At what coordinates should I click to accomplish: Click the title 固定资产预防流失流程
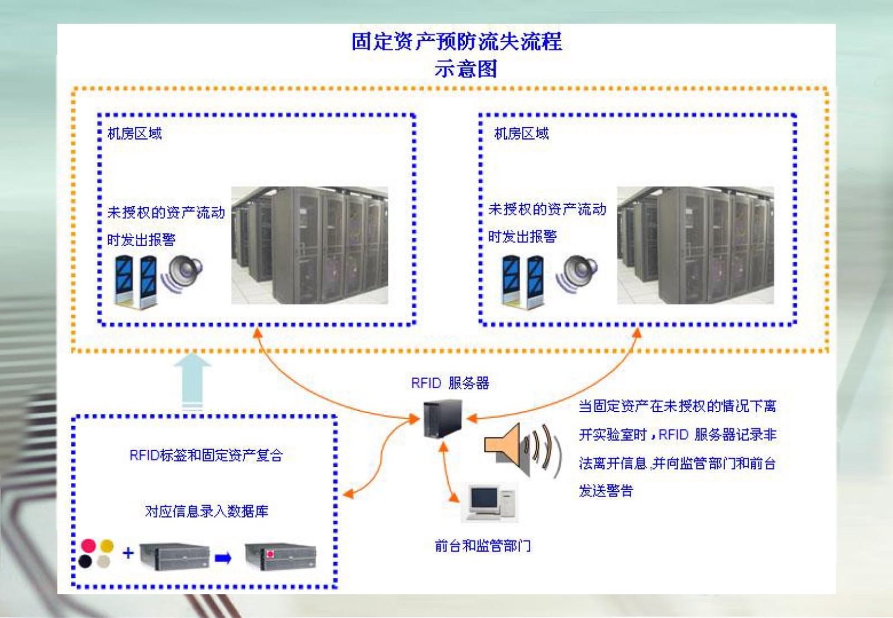coord(457,41)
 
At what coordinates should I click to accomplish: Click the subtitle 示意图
coord(465,69)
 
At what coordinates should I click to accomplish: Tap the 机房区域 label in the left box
coord(135,133)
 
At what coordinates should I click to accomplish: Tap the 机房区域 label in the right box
coord(521,133)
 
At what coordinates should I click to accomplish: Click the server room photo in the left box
coord(309,245)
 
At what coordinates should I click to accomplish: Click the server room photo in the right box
coord(695,245)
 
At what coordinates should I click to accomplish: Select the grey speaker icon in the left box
coord(184,274)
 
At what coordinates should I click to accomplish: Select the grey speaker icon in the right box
coord(578,274)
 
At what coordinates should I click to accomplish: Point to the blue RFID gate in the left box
coord(136,281)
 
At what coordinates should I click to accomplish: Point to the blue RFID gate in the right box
coord(522,281)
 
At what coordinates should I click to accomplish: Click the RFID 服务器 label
coord(450,383)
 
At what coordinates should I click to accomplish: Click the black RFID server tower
coord(443,419)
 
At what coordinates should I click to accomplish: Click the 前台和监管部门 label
coord(483,545)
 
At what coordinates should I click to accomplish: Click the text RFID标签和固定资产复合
coord(206,455)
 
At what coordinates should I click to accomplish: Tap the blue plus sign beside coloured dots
coord(128,553)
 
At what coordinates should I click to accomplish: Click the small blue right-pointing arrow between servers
coord(223,558)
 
